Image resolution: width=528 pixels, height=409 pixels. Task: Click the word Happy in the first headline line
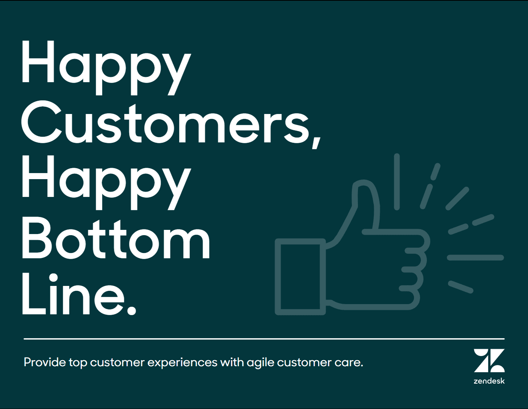coord(106,68)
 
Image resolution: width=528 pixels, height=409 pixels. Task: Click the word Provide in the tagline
coord(45,362)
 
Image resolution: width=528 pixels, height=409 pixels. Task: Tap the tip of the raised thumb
coord(363,183)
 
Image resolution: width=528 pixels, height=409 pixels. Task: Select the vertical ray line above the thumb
coord(397,182)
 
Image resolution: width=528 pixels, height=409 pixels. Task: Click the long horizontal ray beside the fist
coord(475,258)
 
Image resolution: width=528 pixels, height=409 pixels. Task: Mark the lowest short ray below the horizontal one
coord(461,287)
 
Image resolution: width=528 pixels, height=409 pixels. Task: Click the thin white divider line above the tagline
coord(264,339)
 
